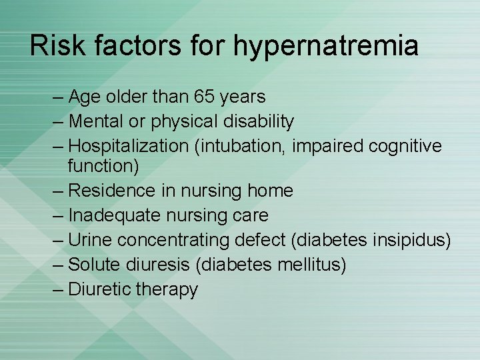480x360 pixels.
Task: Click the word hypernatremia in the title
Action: tap(326, 46)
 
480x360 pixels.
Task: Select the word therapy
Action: tap(167, 290)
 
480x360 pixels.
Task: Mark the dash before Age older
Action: tap(58, 97)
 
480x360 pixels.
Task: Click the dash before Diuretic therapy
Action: tap(58, 290)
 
